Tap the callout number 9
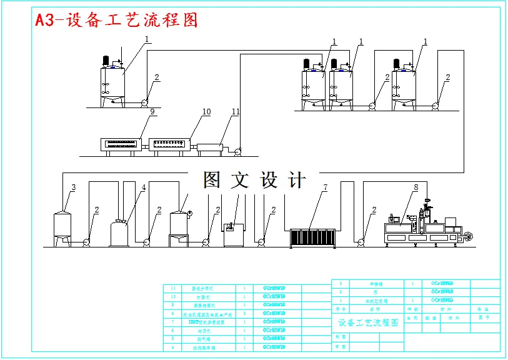(x=152, y=112)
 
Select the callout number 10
(x=206, y=112)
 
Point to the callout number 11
(x=236, y=112)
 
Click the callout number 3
(x=73, y=187)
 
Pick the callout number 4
(x=143, y=187)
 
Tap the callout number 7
(x=325, y=187)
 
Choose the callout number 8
(x=415, y=187)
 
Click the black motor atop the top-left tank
(x=106, y=61)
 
